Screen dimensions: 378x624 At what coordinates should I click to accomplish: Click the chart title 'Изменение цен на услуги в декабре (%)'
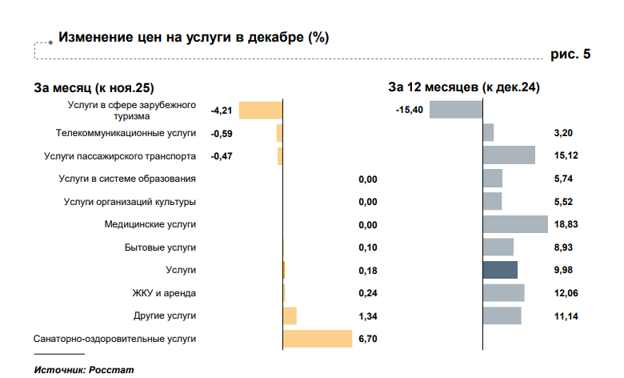(x=193, y=37)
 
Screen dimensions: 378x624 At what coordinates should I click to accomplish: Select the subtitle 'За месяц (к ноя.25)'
(x=94, y=87)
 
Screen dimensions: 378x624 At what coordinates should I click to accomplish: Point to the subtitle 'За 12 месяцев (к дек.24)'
(x=463, y=87)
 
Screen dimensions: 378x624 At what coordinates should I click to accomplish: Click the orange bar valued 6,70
(x=318, y=339)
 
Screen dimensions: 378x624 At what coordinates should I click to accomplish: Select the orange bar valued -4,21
(x=261, y=111)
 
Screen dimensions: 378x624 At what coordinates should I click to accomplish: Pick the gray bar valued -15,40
(x=456, y=110)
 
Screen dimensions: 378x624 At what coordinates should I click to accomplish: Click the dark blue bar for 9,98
(x=500, y=270)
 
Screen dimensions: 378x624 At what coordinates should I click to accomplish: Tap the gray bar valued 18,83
(x=515, y=224)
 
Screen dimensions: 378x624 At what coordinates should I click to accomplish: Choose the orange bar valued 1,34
(x=290, y=316)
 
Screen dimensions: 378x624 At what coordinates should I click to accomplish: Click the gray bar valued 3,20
(x=488, y=133)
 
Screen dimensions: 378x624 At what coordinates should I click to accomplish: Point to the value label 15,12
(x=565, y=155)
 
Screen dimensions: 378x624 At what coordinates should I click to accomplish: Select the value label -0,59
(x=221, y=133)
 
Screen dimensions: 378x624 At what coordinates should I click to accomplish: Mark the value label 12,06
(x=565, y=293)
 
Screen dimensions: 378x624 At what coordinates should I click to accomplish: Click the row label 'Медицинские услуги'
(x=150, y=224)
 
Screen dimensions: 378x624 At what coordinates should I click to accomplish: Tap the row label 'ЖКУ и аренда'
(x=164, y=293)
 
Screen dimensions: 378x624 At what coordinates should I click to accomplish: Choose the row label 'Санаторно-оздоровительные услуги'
(x=114, y=339)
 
